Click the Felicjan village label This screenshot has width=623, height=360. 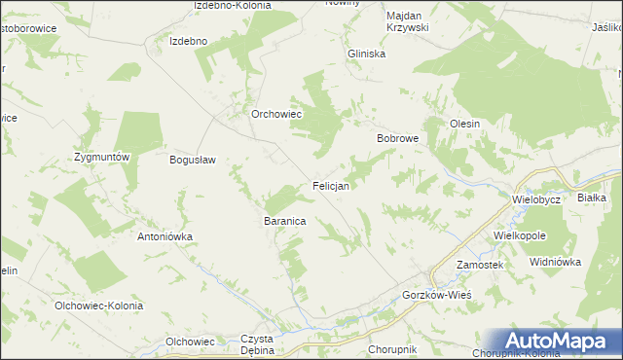[331, 185]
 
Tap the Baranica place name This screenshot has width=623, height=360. [285, 222]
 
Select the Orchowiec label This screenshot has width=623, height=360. [278, 114]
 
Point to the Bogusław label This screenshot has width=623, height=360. [192, 161]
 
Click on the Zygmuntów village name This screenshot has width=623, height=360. [102, 157]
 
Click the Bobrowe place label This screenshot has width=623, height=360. [397, 139]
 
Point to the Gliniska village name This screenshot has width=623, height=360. [367, 54]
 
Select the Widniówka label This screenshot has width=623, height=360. [555, 262]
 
